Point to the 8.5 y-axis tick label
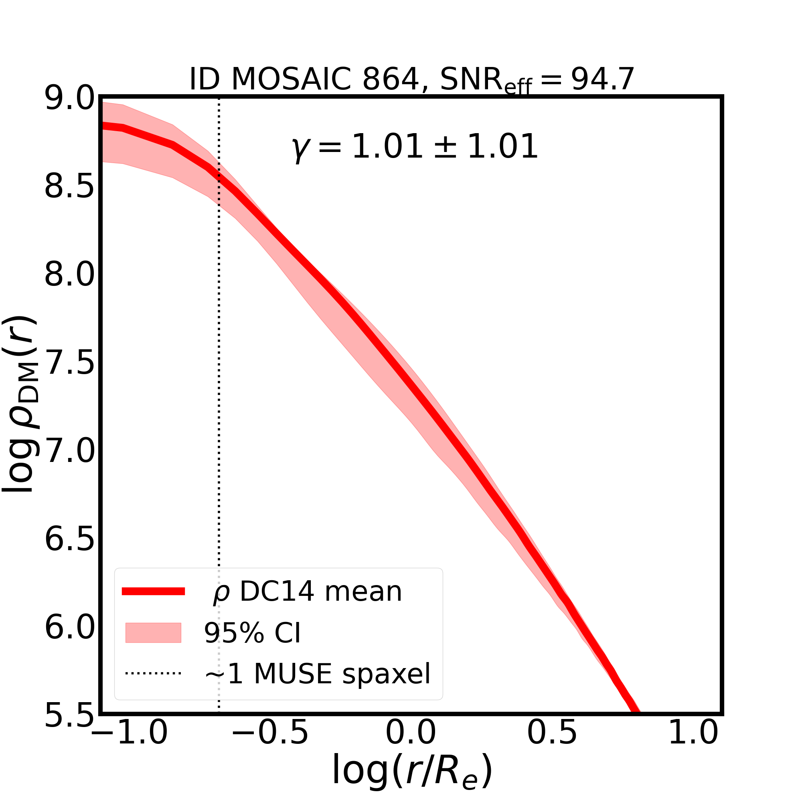(x=69, y=187)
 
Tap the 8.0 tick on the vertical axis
(x=69, y=275)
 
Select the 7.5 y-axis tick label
(x=69, y=364)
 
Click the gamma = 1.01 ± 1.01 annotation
(x=414, y=147)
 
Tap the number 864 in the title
(x=391, y=79)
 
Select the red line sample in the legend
(x=153, y=591)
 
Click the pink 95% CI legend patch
(x=153, y=633)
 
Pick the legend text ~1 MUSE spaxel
(x=318, y=674)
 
